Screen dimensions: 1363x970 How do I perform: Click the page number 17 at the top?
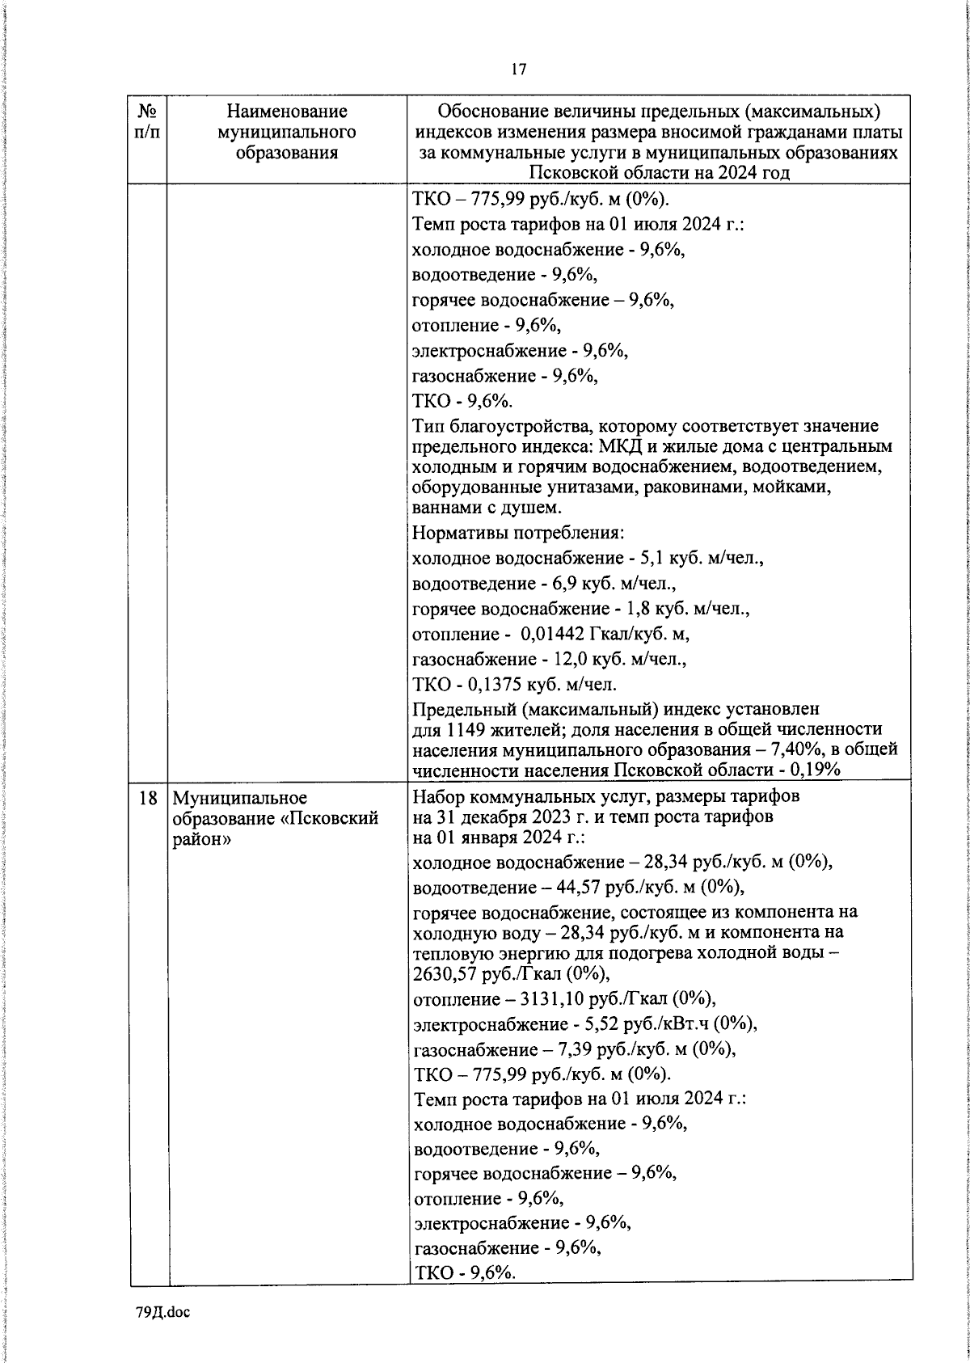(x=518, y=70)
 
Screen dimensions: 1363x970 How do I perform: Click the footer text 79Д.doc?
(x=162, y=1312)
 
